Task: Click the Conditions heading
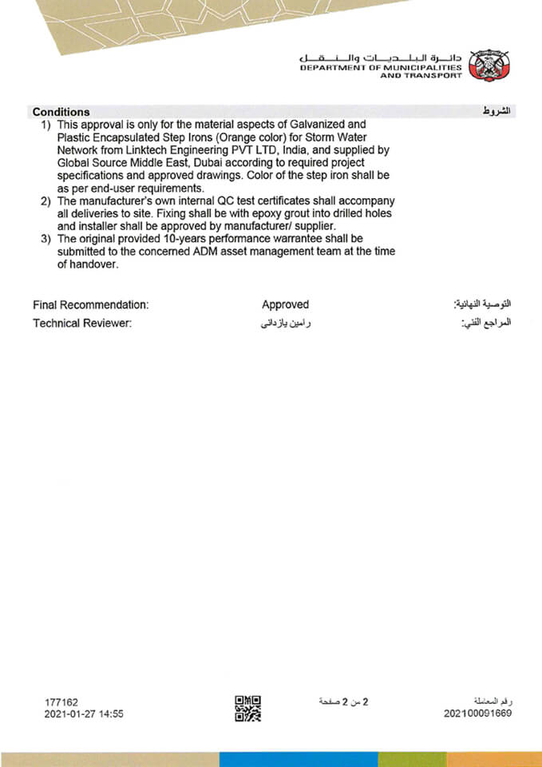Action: point(61,112)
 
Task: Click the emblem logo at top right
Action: point(489,65)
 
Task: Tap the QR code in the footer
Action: point(247,708)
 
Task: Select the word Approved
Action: point(285,304)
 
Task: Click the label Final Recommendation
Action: point(91,304)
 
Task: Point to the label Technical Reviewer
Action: point(81,324)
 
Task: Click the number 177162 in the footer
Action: point(61,701)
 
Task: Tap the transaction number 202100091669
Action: point(477,713)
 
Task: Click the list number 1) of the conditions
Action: point(46,125)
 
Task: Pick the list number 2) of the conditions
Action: point(46,200)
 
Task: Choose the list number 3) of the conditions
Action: point(46,238)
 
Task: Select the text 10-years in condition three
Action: point(181,238)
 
